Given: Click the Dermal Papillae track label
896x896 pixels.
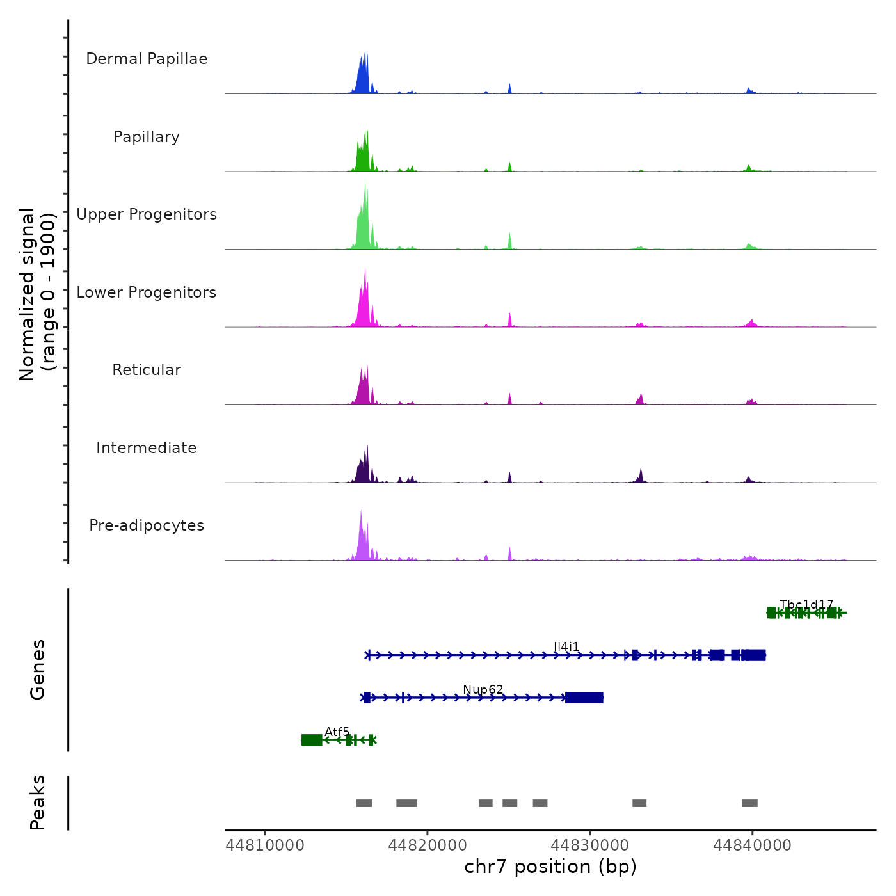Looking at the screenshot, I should (x=147, y=59).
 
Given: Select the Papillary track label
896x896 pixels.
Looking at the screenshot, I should (x=147, y=137).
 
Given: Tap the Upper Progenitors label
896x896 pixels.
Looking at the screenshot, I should (x=147, y=214).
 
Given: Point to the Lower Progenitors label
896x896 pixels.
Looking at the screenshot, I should (x=147, y=292).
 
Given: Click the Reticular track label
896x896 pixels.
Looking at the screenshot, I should (x=147, y=370).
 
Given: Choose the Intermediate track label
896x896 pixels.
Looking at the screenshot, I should (x=147, y=448).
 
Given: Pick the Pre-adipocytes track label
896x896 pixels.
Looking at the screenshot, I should (x=147, y=525).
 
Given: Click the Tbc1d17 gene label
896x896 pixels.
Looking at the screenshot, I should (x=806, y=605).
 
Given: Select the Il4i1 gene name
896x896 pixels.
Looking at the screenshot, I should (x=566, y=647).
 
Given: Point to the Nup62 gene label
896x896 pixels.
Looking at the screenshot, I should (x=483, y=689).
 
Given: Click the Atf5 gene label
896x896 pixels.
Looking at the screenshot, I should (x=337, y=732).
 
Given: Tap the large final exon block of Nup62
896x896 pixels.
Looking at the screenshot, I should (x=584, y=698).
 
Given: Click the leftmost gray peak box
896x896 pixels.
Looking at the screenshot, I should (x=364, y=803).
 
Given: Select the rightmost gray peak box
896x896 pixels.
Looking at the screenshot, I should (x=750, y=803).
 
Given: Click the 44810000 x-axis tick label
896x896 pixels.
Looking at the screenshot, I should (x=265, y=845).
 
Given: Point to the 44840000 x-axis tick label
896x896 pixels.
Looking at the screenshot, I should (x=752, y=845).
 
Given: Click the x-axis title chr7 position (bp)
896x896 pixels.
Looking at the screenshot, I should (x=550, y=867).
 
